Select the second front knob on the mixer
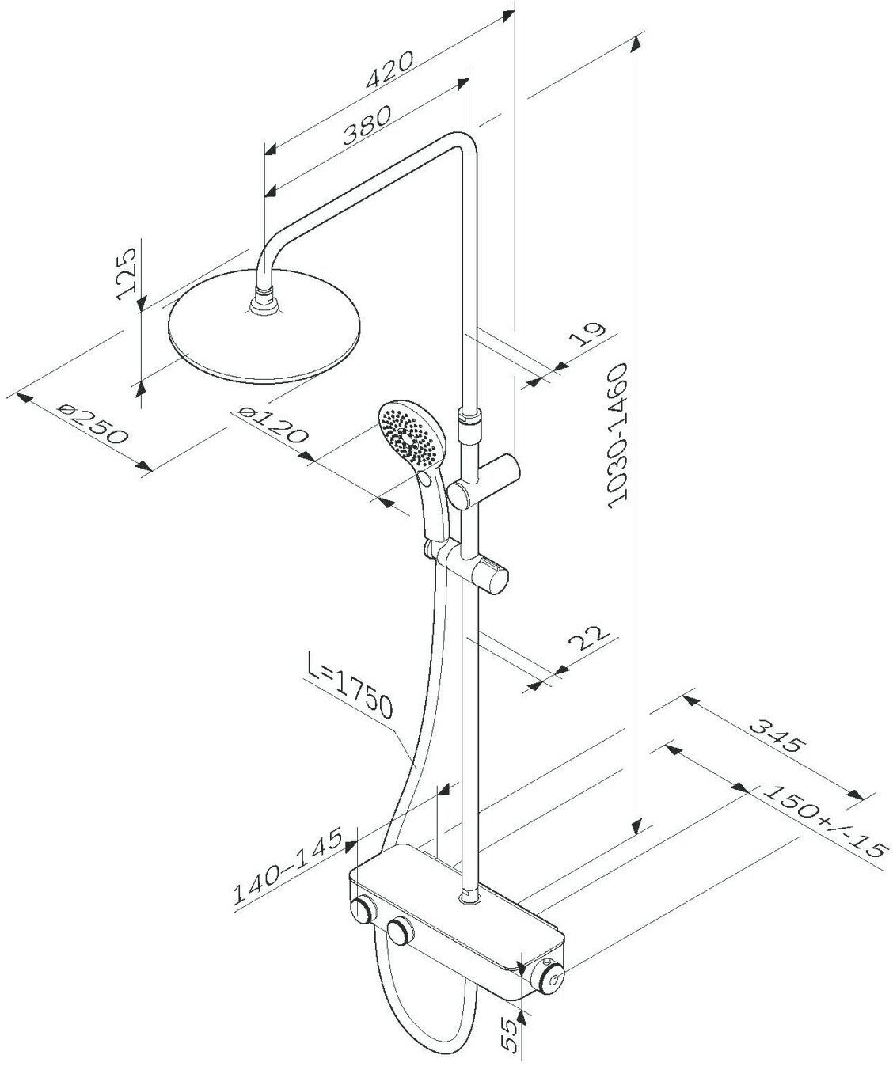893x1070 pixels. click(401, 932)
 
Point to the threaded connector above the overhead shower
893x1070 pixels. click(264, 303)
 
